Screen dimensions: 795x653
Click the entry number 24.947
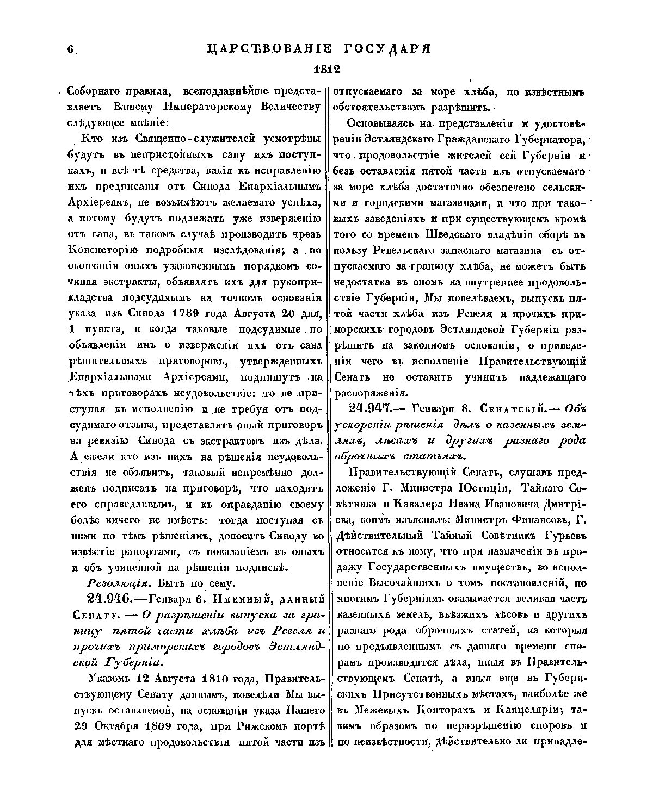(374, 408)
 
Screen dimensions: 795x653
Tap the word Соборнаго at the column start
(91, 91)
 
